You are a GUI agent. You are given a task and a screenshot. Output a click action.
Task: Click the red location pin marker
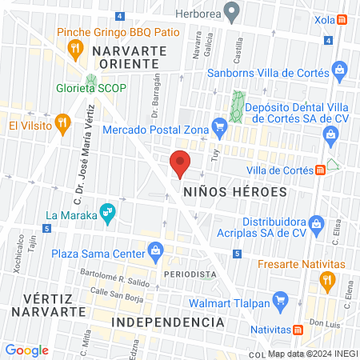[x=181, y=162]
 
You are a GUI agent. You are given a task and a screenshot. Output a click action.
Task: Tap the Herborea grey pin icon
[x=232, y=13]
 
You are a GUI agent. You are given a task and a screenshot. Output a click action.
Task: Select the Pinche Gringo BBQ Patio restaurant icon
[x=77, y=49]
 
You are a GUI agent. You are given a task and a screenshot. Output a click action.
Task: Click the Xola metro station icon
[x=342, y=18]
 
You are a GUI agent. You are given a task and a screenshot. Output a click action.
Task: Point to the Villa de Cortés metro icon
[x=319, y=169]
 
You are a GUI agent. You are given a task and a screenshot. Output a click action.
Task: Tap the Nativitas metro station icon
[x=298, y=329]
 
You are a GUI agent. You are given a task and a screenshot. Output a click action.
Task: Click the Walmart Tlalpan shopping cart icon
[x=280, y=302]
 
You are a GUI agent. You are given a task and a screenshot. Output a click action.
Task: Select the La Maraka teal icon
[x=106, y=213]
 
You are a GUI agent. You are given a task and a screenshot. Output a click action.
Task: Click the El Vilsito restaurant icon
[x=60, y=125]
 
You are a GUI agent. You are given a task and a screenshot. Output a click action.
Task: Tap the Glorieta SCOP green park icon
[x=91, y=82]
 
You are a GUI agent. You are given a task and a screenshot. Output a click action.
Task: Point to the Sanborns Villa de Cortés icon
[x=341, y=71]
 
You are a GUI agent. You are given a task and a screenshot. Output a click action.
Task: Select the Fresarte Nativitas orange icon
[x=326, y=280]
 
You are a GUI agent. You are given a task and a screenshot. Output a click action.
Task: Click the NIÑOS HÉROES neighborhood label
[x=234, y=193]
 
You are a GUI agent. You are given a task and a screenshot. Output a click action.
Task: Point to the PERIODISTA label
[x=190, y=274]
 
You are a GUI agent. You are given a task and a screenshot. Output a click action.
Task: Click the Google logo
[x=26, y=350]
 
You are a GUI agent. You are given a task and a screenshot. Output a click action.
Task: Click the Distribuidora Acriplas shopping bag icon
[x=317, y=223]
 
